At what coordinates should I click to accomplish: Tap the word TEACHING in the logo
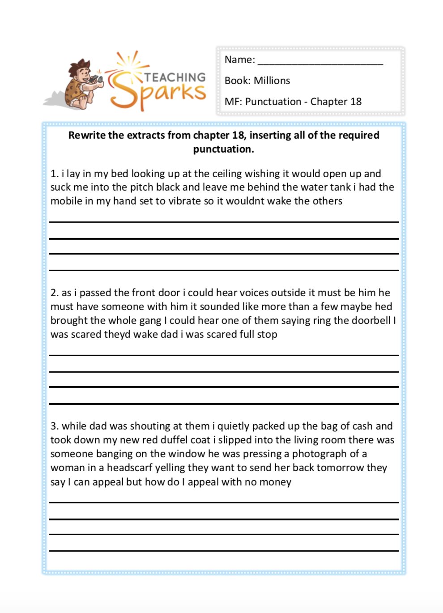point(175,77)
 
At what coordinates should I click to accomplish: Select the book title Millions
point(272,81)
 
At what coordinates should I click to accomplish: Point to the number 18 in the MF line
point(356,102)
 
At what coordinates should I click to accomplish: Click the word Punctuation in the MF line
point(273,102)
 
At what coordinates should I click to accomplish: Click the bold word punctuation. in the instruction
point(223,149)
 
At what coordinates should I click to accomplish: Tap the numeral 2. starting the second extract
point(55,293)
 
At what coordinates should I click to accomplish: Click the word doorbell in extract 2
point(371,320)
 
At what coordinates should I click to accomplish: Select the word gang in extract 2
point(150,321)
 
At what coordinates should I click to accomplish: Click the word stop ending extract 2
point(267,334)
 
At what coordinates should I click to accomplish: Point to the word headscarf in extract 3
point(129,468)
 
